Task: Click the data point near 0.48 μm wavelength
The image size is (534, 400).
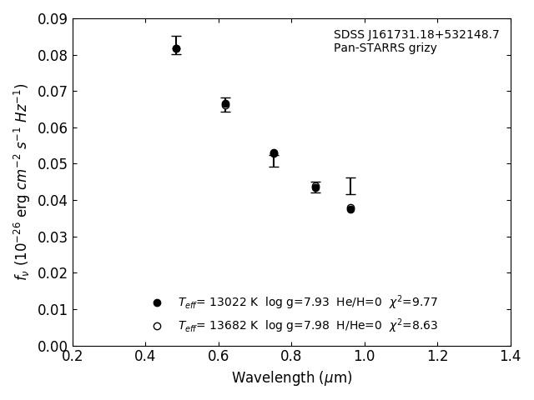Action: (176, 48)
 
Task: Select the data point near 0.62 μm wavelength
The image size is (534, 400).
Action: (225, 104)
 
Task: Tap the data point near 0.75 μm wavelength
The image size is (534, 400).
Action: (274, 153)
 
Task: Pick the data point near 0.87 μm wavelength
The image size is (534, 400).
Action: (315, 187)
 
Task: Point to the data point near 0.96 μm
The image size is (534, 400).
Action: (350, 208)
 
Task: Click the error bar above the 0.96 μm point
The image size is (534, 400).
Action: (350, 186)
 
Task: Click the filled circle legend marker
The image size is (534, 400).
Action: (157, 302)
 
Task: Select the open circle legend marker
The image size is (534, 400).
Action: (157, 326)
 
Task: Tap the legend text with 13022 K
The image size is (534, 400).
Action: (307, 302)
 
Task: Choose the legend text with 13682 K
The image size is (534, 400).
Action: (307, 326)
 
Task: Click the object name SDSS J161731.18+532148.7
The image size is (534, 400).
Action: (416, 35)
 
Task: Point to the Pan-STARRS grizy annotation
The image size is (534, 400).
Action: (385, 48)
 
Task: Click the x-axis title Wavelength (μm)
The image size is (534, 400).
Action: (292, 378)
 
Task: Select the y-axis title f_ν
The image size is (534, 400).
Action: (22, 182)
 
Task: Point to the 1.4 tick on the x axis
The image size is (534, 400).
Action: (511, 357)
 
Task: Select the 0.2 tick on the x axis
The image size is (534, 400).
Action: (73, 357)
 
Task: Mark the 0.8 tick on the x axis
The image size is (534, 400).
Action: (292, 357)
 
